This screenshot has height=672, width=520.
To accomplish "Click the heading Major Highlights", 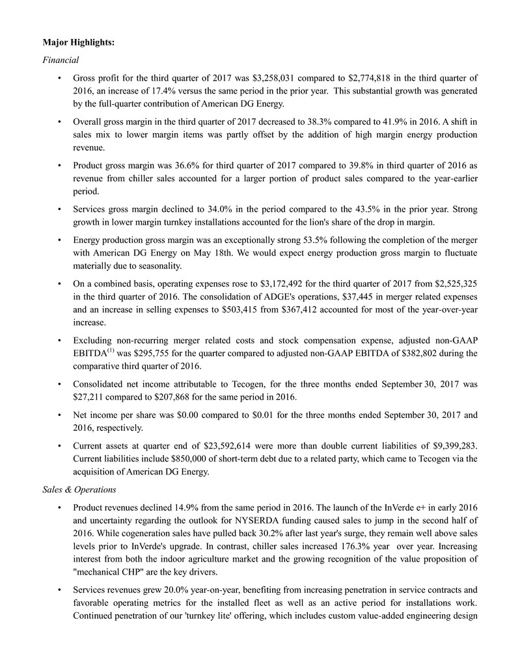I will (78, 42).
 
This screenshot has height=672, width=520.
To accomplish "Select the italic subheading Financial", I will (61, 60).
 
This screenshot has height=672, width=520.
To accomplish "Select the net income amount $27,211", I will (92, 396).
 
